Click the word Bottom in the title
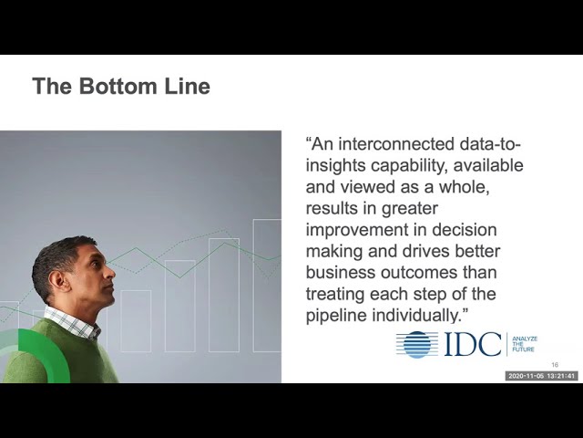118,86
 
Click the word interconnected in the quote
396,144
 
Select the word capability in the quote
409,166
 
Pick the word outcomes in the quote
419,272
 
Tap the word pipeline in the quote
336,316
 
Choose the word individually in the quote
417,316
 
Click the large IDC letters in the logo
473,344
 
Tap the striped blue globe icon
417,345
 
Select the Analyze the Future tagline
525,344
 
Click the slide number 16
555,365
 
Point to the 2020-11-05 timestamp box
541,376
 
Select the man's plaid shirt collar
72,322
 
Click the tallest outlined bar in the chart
267,286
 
